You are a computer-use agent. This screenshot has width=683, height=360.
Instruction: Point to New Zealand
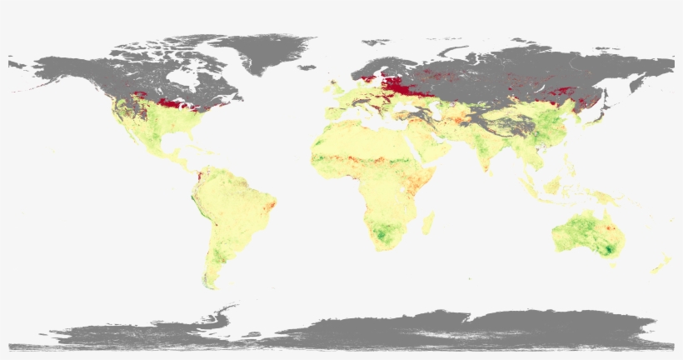(x=660, y=265)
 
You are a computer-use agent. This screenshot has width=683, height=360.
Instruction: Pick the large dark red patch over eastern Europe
(x=398, y=84)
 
